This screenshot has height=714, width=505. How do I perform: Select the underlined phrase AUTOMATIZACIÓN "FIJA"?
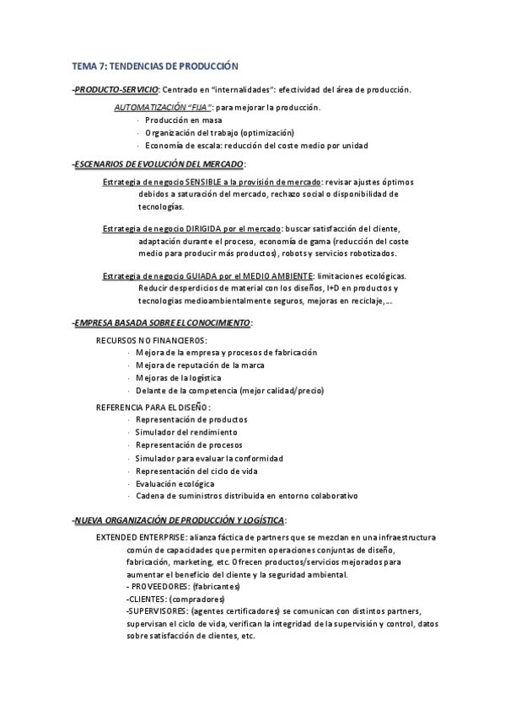coord(163,108)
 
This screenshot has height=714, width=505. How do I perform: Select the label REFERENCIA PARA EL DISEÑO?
coord(147,407)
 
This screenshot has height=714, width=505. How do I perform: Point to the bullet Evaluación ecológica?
coord(175,483)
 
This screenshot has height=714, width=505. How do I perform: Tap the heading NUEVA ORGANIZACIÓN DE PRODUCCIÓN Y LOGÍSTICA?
coord(179,520)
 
